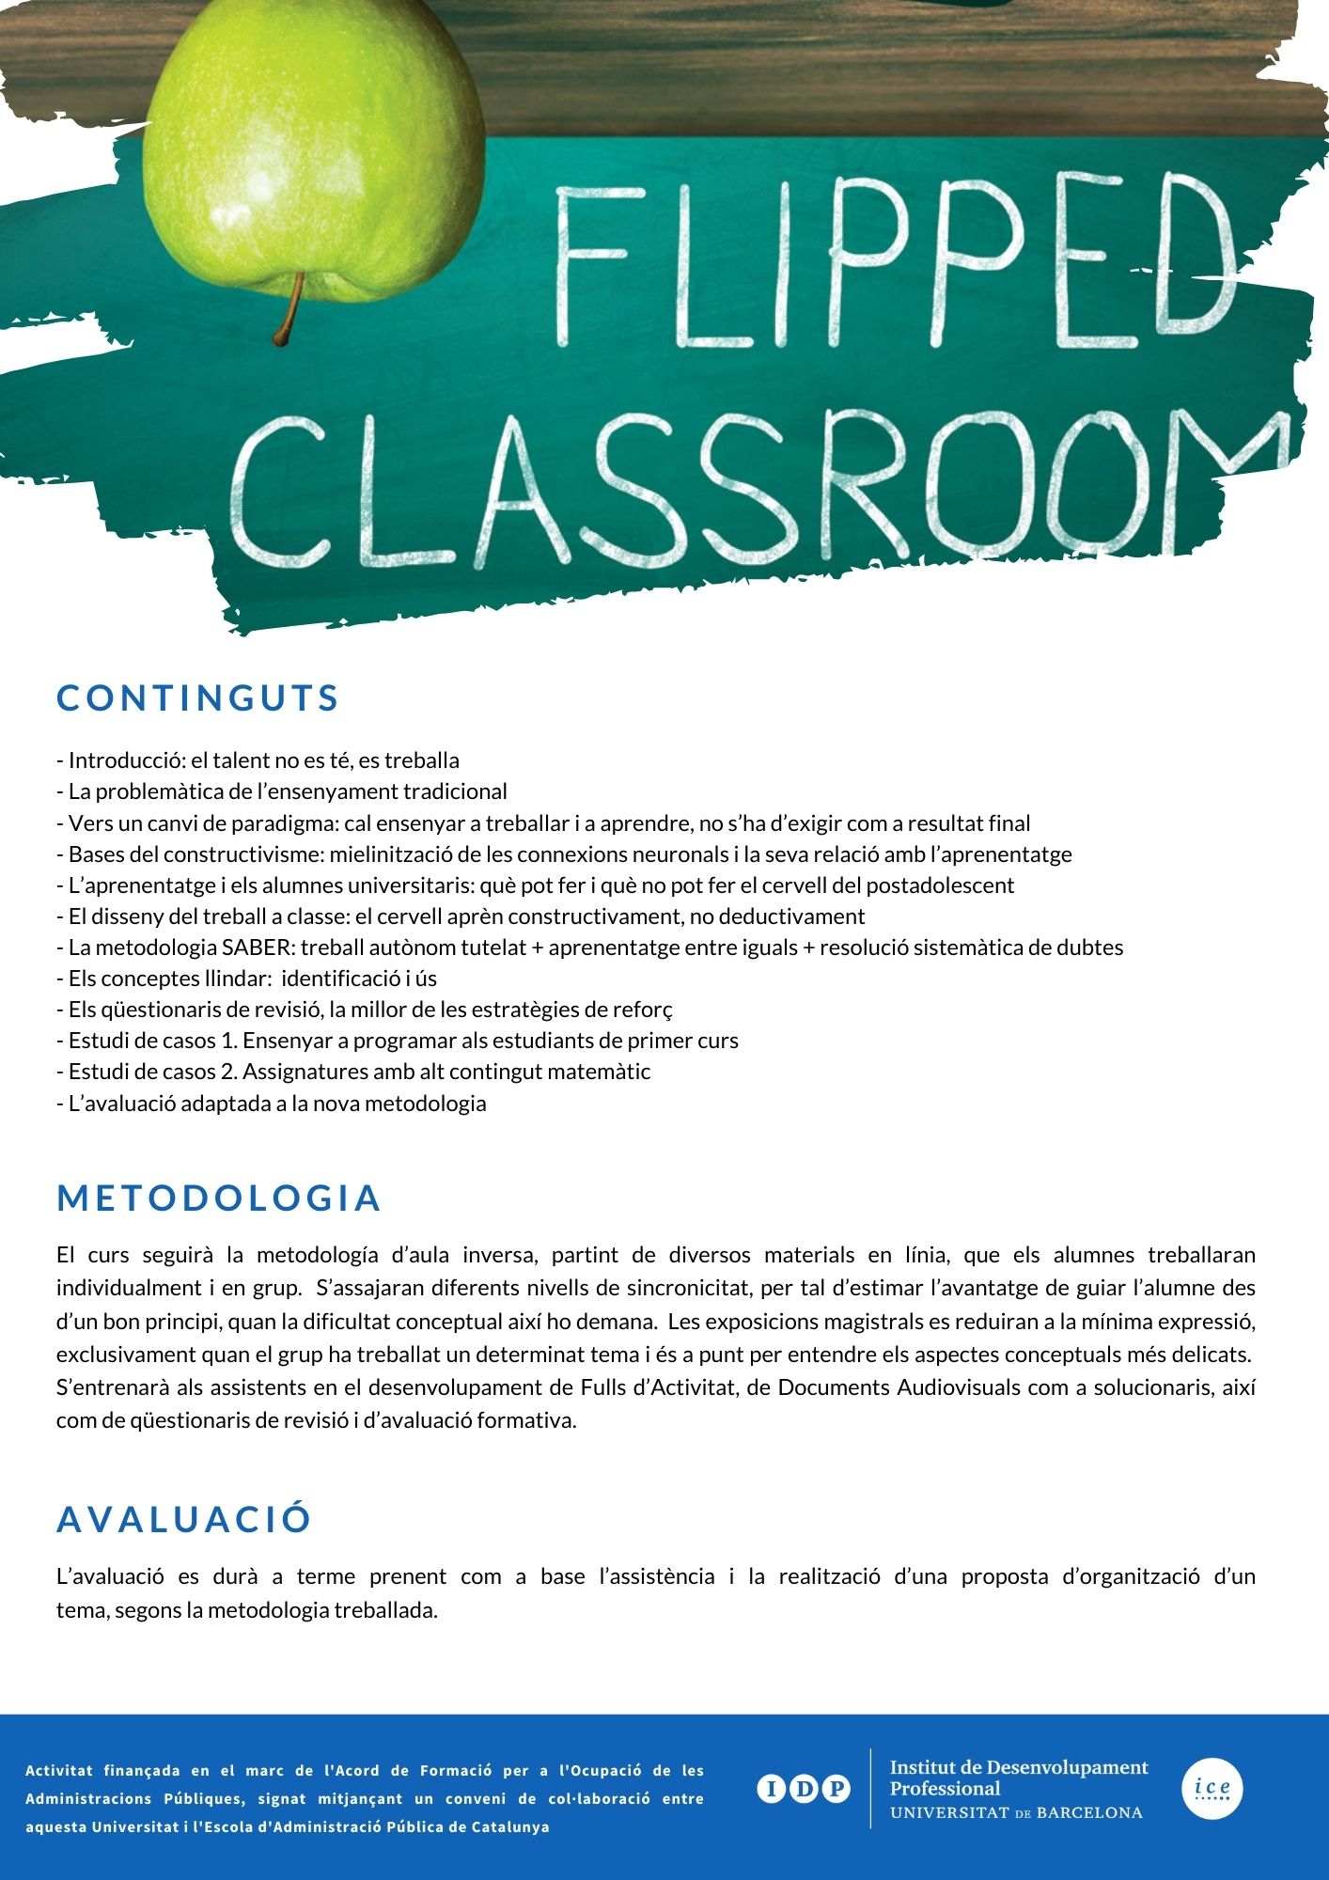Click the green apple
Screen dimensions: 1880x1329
310,150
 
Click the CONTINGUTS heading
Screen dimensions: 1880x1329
197,698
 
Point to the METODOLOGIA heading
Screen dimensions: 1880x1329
218,1198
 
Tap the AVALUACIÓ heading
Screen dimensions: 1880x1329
184,1520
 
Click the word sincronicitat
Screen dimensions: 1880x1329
690,1289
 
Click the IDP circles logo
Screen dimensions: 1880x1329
804,1789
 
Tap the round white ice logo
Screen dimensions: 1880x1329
1212,1789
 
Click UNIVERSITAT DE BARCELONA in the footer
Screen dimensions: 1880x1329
1016,1813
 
